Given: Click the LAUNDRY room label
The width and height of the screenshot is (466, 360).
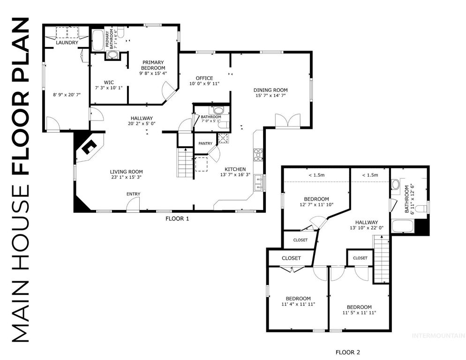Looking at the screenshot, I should click(x=66, y=43).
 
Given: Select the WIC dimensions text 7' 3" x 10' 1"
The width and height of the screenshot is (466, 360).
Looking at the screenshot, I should click(x=108, y=88).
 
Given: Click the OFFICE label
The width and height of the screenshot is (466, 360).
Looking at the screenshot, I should click(x=204, y=78).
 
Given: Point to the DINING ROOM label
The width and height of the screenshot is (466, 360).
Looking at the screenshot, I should click(x=271, y=90).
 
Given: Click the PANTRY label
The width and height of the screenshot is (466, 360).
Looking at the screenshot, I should click(x=205, y=143).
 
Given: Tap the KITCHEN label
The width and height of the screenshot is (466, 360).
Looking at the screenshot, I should click(x=234, y=169).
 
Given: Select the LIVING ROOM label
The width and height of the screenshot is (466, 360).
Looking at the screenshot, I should click(x=126, y=172).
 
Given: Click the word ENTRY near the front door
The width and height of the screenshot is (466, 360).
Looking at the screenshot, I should click(x=133, y=194).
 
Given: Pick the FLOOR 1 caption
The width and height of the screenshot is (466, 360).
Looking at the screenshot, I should click(x=178, y=218).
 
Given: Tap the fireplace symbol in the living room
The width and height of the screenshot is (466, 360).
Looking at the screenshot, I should click(x=88, y=148).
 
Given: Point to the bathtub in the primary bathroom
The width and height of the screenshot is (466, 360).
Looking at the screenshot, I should click(x=98, y=41).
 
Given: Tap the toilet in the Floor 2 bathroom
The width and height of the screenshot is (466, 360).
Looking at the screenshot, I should click(x=422, y=208).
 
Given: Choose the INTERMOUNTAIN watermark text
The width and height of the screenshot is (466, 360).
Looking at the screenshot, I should click(x=437, y=335).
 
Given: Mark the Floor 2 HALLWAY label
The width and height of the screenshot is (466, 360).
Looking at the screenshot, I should click(x=366, y=223).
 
